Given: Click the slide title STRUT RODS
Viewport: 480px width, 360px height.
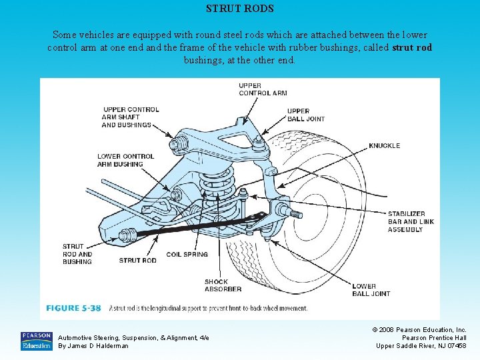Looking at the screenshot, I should pyautogui.click(x=240, y=9).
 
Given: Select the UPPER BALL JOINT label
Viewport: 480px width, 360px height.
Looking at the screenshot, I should pyautogui.click(x=306, y=115).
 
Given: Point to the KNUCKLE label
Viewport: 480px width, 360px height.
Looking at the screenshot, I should pyautogui.click(x=385, y=145).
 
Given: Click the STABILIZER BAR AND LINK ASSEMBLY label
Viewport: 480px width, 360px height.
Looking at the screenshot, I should pyautogui.click(x=406, y=222).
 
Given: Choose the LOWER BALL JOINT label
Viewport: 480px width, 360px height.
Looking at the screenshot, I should pyautogui.click(x=373, y=290).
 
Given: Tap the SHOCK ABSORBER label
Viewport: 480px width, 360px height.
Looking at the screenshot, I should pyautogui.click(x=223, y=285).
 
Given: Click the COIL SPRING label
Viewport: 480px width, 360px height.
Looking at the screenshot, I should pyautogui.click(x=187, y=255).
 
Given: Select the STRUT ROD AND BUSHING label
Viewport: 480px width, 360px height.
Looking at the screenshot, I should pyautogui.click(x=77, y=254).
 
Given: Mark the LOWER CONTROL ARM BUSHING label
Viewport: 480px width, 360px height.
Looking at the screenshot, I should pyautogui.click(x=120, y=160).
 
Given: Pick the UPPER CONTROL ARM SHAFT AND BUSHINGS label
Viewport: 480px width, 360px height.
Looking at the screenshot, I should pyautogui.click(x=131, y=117).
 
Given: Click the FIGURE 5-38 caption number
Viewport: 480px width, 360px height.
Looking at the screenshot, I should pyautogui.click(x=73, y=309).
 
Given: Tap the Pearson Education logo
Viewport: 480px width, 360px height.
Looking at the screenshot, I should pyautogui.click(x=36, y=341).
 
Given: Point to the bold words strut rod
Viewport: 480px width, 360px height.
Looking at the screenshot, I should pyautogui.click(x=412, y=48).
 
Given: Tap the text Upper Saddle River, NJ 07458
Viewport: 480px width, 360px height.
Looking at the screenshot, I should pyautogui.click(x=421, y=345).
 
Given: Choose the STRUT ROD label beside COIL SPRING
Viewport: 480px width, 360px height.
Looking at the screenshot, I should pyautogui.click(x=138, y=260).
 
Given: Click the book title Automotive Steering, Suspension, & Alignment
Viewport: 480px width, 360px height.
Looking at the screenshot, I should pyautogui.click(x=133, y=338).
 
